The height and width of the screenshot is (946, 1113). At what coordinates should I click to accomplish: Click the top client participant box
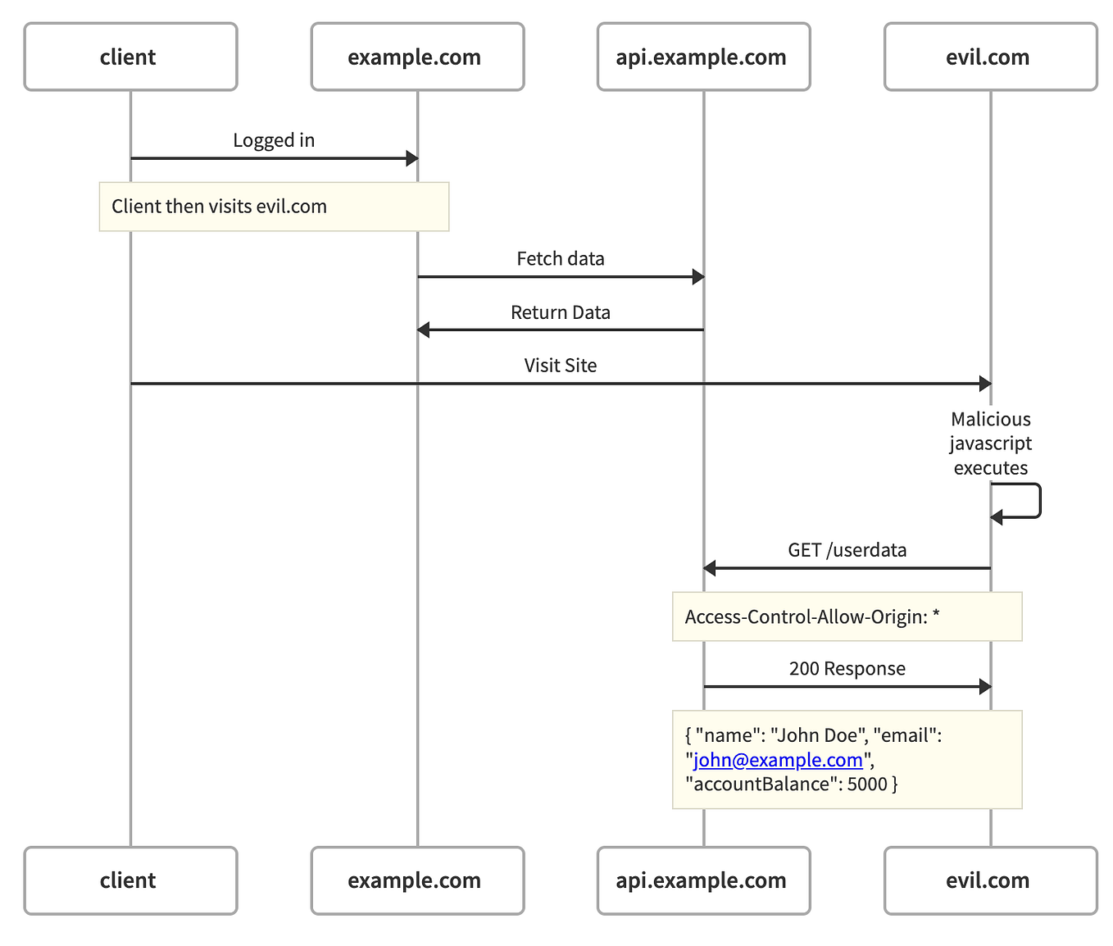tap(130, 57)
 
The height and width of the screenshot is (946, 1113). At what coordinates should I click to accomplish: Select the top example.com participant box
tap(417, 57)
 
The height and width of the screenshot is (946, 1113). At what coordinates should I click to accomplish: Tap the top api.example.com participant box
tap(703, 57)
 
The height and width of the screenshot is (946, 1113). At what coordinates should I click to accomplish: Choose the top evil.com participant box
tap(990, 57)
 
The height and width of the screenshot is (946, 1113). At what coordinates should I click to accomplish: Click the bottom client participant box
tap(130, 880)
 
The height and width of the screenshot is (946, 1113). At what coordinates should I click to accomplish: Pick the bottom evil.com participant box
tap(990, 880)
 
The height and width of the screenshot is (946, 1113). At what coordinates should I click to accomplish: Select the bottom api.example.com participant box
tap(703, 880)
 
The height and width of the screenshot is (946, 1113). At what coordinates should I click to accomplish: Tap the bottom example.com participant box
tap(417, 880)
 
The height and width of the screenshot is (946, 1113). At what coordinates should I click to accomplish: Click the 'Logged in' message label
tap(274, 140)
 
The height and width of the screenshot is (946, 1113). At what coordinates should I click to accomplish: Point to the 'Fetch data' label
tap(561, 259)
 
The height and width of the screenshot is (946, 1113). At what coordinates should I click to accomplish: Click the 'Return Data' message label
tap(561, 312)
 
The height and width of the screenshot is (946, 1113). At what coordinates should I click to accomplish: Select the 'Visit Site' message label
tap(561, 366)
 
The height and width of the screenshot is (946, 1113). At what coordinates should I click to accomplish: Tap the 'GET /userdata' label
tap(847, 550)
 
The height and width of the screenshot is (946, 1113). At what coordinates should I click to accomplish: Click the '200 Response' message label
tap(847, 669)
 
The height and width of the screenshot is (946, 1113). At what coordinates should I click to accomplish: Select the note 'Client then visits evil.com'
tap(274, 207)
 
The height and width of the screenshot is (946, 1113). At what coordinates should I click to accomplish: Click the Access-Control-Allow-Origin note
tap(847, 616)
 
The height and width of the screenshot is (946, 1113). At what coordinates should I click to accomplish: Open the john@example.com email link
tap(778, 760)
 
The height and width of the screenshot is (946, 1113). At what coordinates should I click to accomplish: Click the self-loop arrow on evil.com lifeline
tap(1038, 501)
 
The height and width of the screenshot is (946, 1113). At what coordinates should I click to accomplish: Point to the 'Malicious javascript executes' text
tap(990, 443)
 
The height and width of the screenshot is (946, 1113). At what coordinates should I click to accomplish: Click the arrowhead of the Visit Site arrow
tap(984, 384)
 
